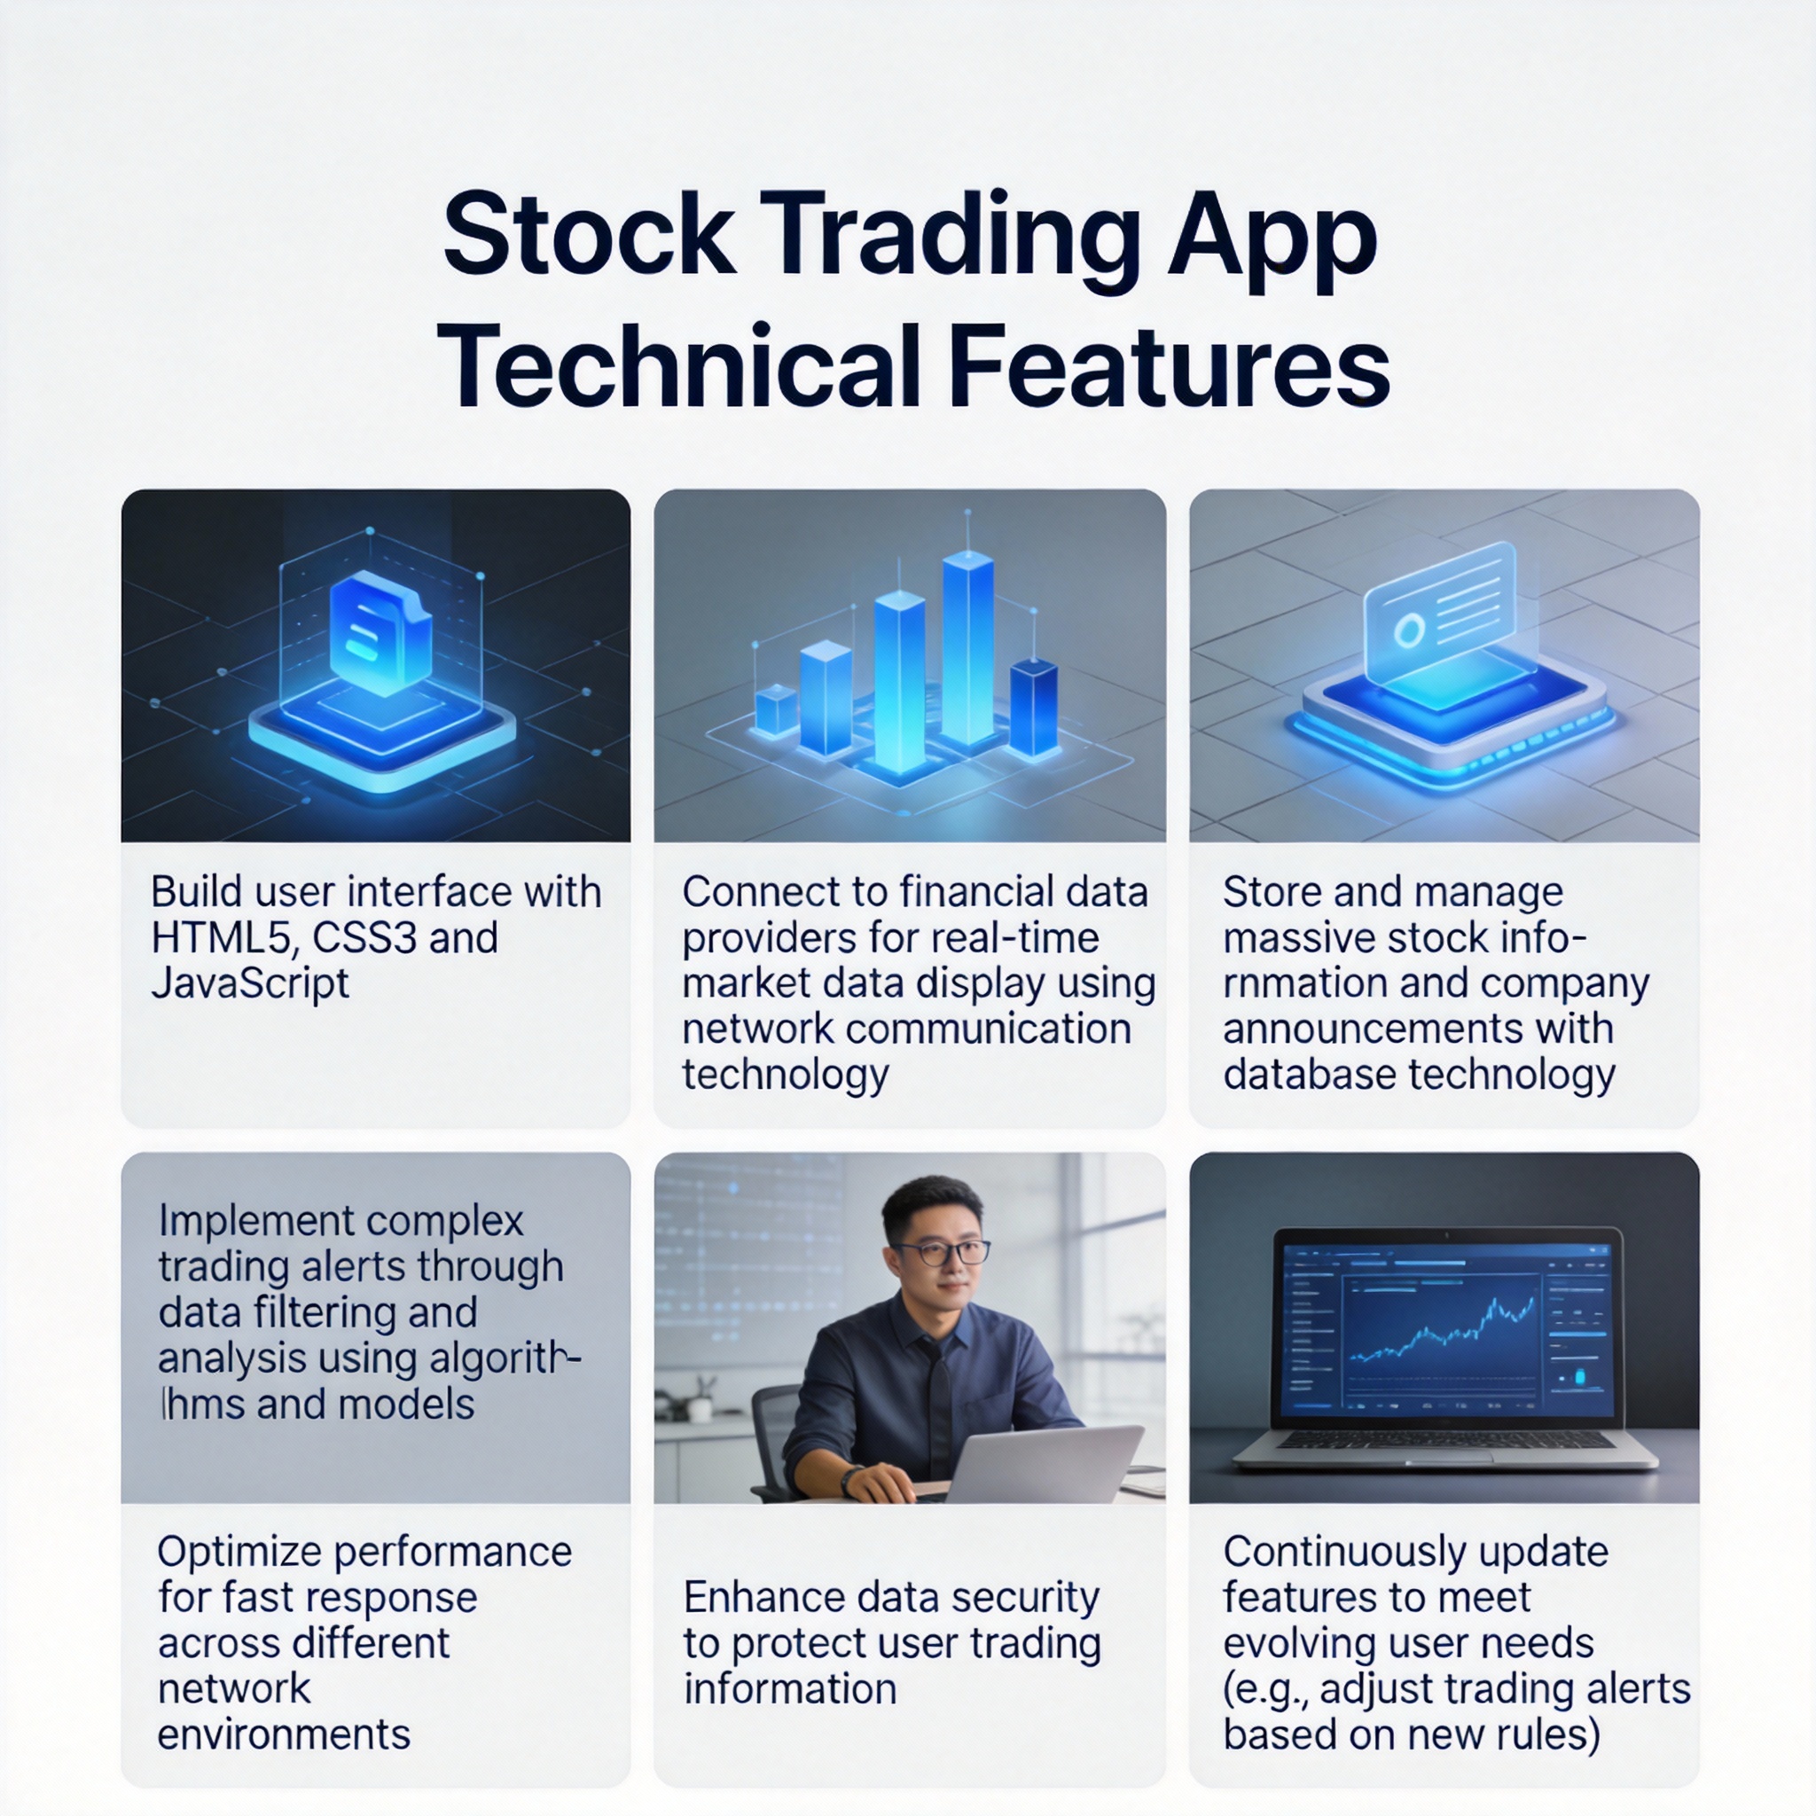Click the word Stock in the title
coord(590,234)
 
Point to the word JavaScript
coord(250,984)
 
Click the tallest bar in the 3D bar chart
coord(967,648)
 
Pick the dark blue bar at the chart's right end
coord(1033,708)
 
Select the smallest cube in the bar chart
coord(777,709)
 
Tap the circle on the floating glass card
coord(1408,630)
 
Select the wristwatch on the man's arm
coord(850,1481)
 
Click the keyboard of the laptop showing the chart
coord(1444,1440)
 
